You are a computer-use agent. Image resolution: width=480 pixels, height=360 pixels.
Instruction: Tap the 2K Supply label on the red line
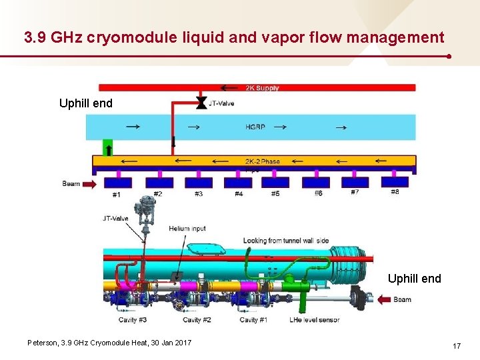point(262,87)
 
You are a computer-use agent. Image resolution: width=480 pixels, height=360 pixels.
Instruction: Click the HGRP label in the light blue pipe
point(255,126)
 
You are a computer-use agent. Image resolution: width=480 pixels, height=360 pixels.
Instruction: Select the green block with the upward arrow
point(107,147)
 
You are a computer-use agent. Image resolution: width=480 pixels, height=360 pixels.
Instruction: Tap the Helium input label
point(187,229)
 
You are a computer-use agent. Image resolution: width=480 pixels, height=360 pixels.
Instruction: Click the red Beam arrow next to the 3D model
point(385,300)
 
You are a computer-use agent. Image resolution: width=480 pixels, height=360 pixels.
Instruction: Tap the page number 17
point(457,346)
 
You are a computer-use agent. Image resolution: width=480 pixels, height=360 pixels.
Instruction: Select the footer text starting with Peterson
point(109,342)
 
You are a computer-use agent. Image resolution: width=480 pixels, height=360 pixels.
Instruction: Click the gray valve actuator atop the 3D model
point(143,211)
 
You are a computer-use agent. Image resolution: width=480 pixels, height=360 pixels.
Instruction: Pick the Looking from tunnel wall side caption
point(287,241)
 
